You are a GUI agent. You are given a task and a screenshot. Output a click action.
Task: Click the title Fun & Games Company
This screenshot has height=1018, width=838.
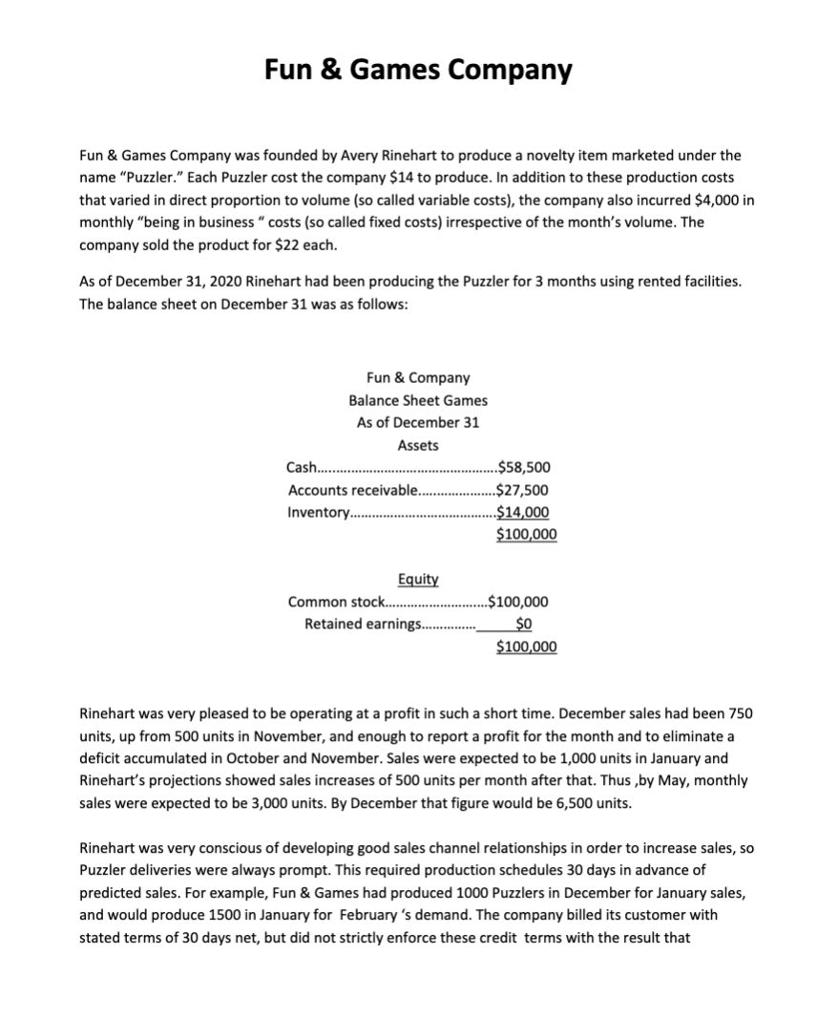tap(418, 71)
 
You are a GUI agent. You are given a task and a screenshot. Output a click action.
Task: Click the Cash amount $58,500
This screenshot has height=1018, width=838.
tap(523, 467)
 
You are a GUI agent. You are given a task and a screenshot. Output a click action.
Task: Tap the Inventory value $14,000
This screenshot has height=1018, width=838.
tap(523, 512)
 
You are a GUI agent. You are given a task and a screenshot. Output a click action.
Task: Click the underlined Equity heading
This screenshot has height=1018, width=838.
tap(417, 579)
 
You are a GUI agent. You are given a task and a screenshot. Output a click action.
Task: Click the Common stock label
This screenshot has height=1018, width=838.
tap(335, 602)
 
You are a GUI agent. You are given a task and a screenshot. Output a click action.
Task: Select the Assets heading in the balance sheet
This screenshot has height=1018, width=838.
tap(418, 445)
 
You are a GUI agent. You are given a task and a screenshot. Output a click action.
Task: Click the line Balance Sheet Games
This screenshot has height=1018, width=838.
tap(418, 400)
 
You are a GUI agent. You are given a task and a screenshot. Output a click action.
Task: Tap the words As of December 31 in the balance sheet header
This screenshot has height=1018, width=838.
tap(418, 422)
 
